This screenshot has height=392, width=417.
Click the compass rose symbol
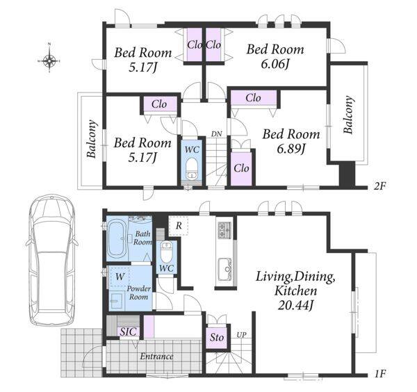click(x=49, y=60)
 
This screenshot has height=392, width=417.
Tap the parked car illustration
click(x=52, y=261)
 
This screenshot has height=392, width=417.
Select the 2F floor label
click(x=379, y=186)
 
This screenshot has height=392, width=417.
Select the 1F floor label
click(x=379, y=374)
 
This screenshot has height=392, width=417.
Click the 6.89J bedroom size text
click(x=291, y=149)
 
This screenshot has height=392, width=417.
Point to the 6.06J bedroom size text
click(x=275, y=64)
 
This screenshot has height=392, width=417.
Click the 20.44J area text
click(x=295, y=305)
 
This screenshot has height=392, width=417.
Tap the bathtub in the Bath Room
click(x=117, y=238)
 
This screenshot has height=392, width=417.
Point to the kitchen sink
click(x=225, y=269)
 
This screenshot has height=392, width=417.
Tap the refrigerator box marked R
click(x=179, y=226)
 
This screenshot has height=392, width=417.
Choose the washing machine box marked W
click(x=120, y=277)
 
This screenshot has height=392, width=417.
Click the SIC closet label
click(x=129, y=332)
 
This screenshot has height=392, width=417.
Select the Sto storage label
click(x=217, y=337)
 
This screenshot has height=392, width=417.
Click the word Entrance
click(x=156, y=357)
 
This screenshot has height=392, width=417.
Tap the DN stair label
click(x=217, y=133)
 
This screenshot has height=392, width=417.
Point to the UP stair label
click(x=241, y=334)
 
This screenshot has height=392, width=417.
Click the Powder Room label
click(x=138, y=293)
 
